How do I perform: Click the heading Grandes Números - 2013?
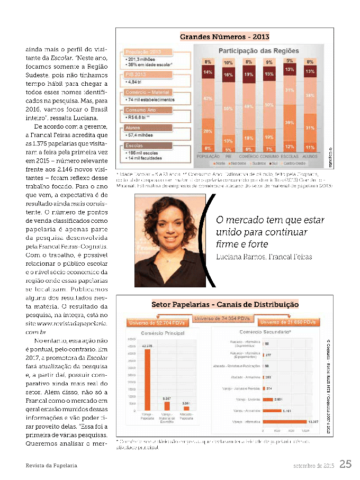coord(224,37)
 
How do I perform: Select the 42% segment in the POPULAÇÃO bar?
coord(208,99)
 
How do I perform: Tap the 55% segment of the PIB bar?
coord(229,108)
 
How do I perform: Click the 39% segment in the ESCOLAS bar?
coord(290,122)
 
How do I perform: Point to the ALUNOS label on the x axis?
coord(310,157)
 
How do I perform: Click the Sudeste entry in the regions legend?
coord(260,163)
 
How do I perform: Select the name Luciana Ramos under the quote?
coord(238,257)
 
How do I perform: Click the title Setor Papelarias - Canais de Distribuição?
coord(224,305)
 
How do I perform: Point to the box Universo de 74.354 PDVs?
coord(225,318)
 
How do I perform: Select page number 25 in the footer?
coord(345,465)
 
